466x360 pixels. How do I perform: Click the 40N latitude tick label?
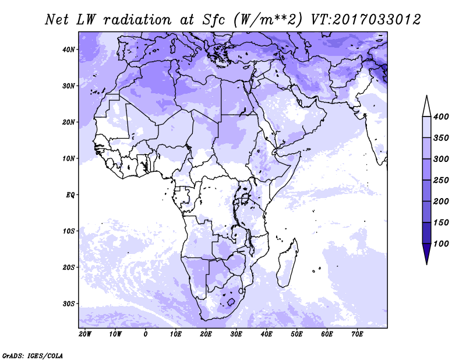(x=69, y=50)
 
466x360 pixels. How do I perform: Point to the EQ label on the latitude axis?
(x=70, y=195)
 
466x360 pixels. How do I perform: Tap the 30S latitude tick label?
(x=69, y=304)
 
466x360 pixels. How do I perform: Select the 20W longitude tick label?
(x=85, y=334)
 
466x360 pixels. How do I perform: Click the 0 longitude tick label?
(x=145, y=334)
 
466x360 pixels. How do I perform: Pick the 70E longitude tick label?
(x=357, y=334)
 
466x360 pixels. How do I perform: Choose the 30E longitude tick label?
(x=236, y=334)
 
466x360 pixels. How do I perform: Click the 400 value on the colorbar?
(x=441, y=117)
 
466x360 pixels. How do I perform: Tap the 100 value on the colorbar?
(x=441, y=243)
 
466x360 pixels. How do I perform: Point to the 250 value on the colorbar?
(x=441, y=180)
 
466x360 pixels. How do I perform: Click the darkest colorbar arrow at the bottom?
(x=427, y=253)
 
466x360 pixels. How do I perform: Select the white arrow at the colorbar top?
(x=427, y=106)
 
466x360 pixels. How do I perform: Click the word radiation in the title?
(x=137, y=20)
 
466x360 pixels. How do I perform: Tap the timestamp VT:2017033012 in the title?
(x=366, y=20)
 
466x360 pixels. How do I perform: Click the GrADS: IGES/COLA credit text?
(x=33, y=356)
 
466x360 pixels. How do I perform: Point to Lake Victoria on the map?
(x=245, y=198)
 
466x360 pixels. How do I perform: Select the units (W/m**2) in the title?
(x=268, y=20)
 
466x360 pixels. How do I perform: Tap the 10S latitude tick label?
(x=69, y=231)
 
